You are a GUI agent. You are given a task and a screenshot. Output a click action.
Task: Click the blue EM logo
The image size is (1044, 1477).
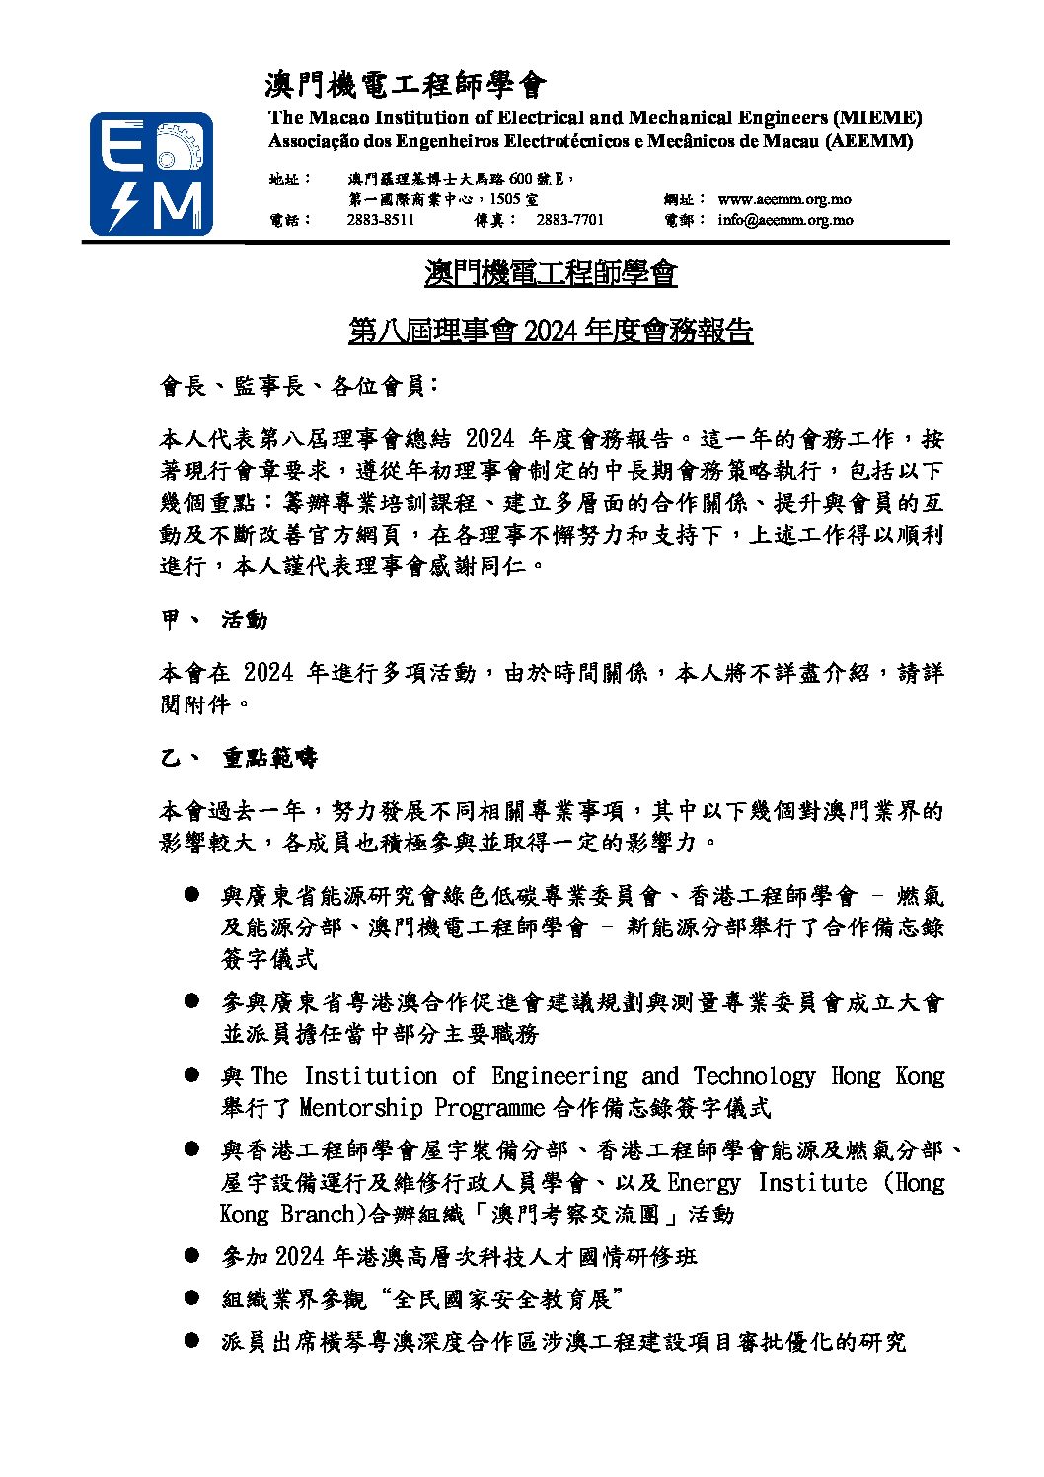[x=151, y=174]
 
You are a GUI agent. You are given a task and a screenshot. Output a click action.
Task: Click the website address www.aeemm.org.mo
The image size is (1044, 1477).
[x=784, y=199]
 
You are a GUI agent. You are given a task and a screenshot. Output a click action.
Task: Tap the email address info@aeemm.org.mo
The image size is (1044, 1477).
[x=785, y=220]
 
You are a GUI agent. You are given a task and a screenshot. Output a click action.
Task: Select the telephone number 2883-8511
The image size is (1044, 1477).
[x=380, y=220]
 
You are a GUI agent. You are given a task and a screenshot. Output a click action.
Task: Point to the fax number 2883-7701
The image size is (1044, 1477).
[x=569, y=220]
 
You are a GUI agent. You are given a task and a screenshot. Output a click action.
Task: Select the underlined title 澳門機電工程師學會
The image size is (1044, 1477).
[x=551, y=272]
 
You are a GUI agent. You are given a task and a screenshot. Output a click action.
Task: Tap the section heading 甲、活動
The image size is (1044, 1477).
[x=213, y=620]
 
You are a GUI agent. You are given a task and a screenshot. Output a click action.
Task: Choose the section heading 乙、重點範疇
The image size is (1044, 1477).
[x=239, y=758]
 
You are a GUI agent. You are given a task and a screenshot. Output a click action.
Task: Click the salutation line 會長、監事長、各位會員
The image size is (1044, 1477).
[x=294, y=386]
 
